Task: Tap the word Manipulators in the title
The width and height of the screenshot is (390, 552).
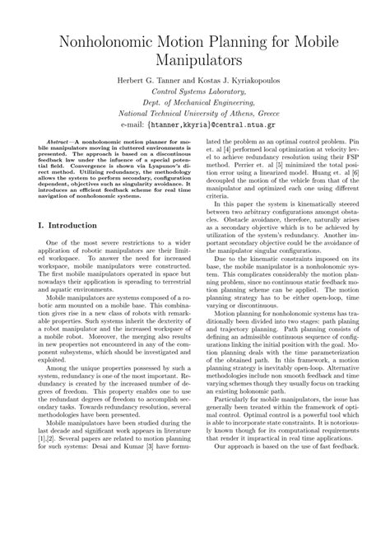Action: pyautogui.click(x=194, y=60)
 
